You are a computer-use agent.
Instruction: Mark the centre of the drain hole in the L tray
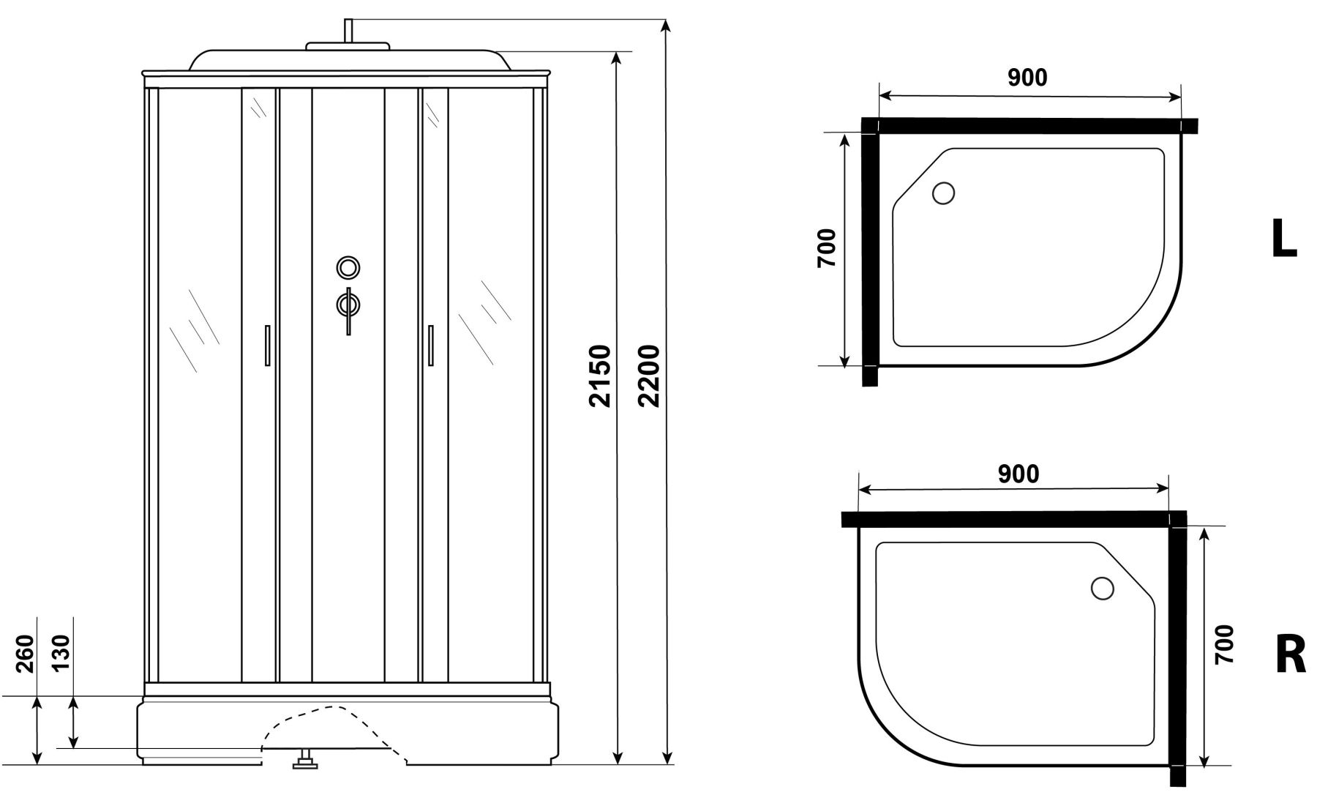coord(943,193)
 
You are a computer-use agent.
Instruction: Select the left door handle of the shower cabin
coord(268,345)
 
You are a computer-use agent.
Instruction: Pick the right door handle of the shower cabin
coord(429,345)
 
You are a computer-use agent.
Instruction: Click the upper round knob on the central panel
coord(348,267)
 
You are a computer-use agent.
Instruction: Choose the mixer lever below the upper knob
coord(349,307)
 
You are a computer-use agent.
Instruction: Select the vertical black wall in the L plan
coord(870,252)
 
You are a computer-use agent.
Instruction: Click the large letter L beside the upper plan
coord(1283,239)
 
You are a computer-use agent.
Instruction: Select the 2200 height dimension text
coord(648,375)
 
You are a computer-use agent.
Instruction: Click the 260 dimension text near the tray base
coord(25,654)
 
